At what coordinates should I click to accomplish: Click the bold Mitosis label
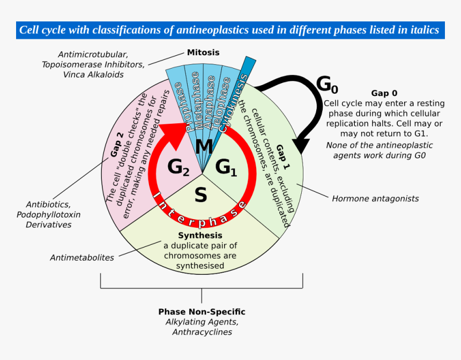203,52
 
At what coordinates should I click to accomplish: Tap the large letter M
204,146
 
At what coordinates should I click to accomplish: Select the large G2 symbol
179,168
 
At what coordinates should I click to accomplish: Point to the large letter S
201,194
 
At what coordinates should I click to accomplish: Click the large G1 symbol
226,168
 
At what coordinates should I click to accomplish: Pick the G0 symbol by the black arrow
327,85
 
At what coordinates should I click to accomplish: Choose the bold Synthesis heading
200,235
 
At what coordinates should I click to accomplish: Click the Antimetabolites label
82,258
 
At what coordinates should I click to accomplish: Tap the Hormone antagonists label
375,199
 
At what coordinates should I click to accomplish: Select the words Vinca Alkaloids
93,74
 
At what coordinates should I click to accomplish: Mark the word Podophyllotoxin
48,215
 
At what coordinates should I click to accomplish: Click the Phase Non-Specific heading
202,312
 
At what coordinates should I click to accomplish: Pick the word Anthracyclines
202,332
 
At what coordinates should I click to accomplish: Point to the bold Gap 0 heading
384,93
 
